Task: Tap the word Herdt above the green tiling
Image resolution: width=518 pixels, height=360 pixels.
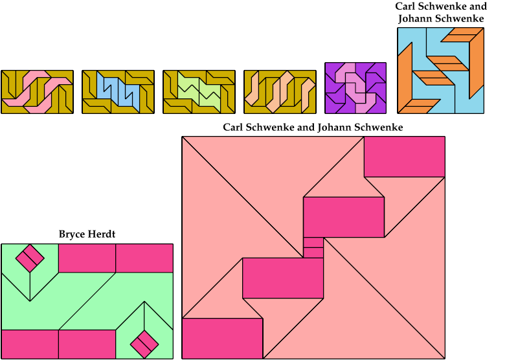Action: pos(101,234)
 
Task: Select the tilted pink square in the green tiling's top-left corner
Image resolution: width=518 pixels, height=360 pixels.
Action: pos(29,258)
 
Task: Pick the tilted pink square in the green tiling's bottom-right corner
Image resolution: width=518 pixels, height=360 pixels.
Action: pos(144,343)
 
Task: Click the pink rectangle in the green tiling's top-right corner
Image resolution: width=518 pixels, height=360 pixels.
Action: pos(144,258)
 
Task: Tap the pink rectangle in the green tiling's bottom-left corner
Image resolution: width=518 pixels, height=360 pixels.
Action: pos(30,344)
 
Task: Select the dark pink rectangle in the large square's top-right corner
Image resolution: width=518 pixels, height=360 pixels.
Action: pos(404,157)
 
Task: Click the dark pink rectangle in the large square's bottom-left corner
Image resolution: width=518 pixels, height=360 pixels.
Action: pos(222,338)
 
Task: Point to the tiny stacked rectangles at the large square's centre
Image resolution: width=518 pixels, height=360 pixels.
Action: pos(313,248)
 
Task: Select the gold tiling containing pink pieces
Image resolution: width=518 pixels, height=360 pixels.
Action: pos(37,92)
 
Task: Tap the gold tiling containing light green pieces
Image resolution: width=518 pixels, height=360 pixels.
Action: pos(199,92)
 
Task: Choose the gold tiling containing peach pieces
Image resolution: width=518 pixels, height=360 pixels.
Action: pos(280,92)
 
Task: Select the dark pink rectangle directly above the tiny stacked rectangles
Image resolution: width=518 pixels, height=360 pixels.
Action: pos(344,217)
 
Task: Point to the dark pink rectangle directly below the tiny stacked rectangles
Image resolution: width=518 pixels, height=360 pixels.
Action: pos(283,278)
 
